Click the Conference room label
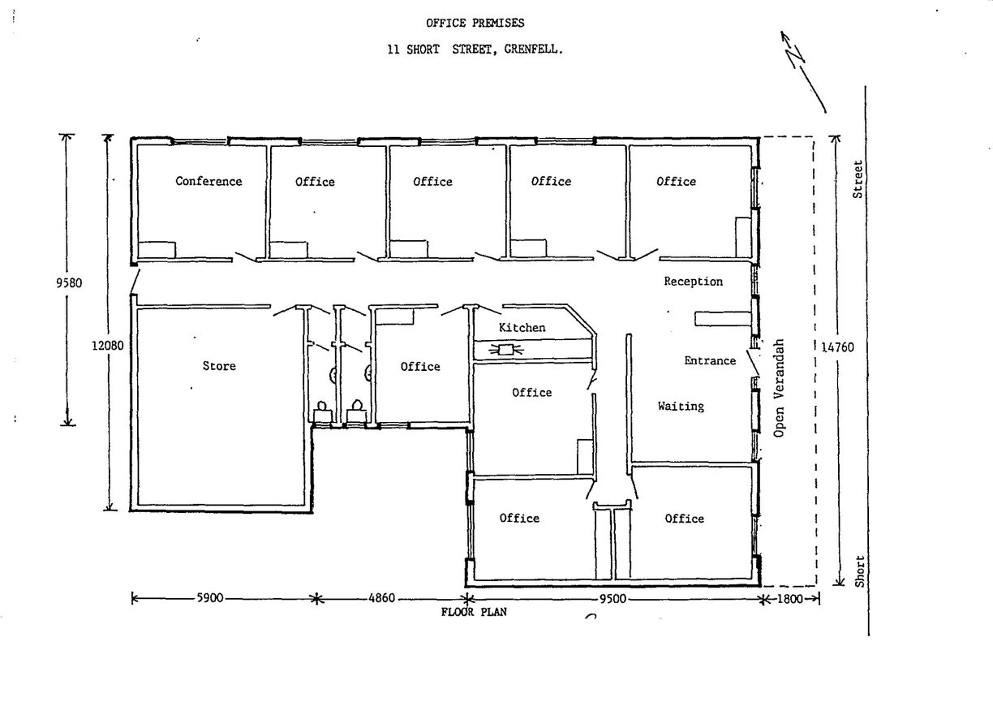[x=208, y=181]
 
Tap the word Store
[x=219, y=366]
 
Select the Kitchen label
[x=522, y=328]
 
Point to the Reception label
[x=693, y=282]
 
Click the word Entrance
[x=710, y=360]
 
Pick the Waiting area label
[x=681, y=407]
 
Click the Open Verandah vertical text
[x=779, y=388]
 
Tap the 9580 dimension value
[x=69, y=283]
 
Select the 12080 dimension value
[x=108, y=346]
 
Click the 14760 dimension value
[x=837, y=347]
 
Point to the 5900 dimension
[x=209, y=598]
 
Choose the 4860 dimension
[x=381, y=598]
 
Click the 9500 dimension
[x=613, y=599]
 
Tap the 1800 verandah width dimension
[x=790, y=599]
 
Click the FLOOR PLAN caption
[x=474, y=612]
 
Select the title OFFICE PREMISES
[x=475, y=23]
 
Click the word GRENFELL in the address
[x=533, y=50]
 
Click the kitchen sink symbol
[x=505, y=350]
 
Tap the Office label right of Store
[x=420, y=367]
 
